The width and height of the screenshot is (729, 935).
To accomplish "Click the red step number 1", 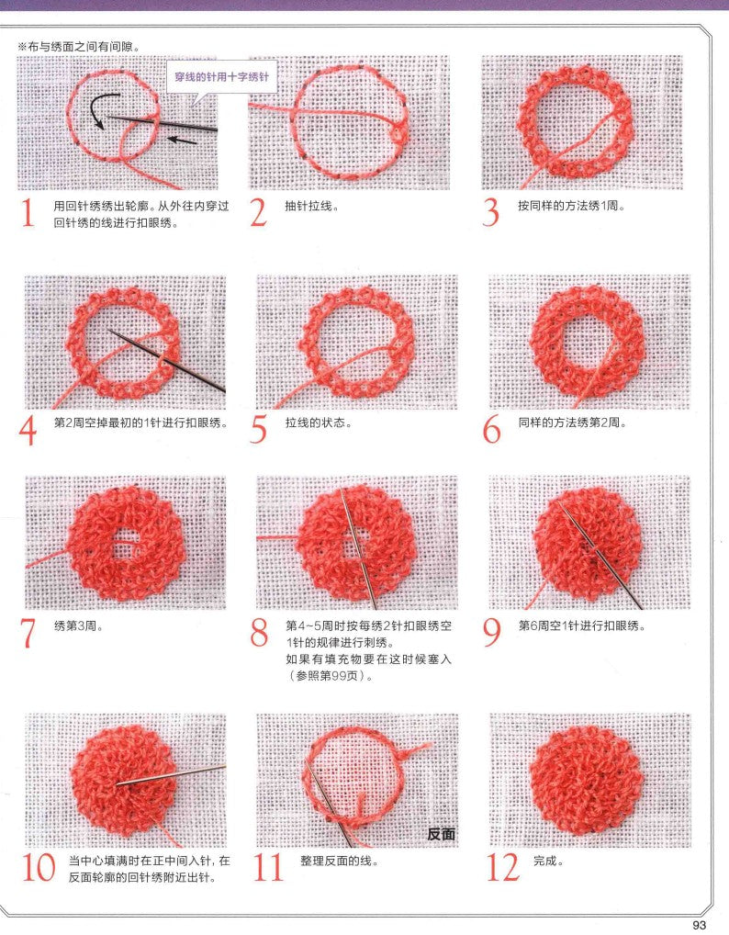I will pyautogui.click(x=28, y=214).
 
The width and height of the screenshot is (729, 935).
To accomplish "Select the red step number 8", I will pyautogui.click(x=260, y=634).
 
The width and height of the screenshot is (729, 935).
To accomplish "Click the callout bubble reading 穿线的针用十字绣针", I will pyautogui.click(x=221, y=79).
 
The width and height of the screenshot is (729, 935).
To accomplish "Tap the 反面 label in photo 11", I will pyautogui.click(x=441, y=834).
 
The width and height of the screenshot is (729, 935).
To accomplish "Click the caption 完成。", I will pyautogui.click(x=548, y=862).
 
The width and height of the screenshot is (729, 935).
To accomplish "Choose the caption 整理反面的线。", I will pyautogui.click(x=339, y=862).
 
